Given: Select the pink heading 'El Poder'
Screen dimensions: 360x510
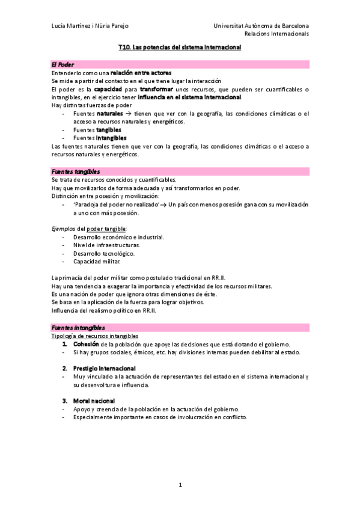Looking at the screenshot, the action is coord(63,64).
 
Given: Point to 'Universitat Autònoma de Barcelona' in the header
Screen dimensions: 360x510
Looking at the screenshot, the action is coord(261,26).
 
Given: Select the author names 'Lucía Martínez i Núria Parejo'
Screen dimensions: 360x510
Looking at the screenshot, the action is coord(90,26).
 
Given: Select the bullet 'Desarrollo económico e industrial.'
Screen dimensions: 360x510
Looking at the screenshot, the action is coord(118,237).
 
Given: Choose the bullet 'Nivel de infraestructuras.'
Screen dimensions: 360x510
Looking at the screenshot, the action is coord(106,245).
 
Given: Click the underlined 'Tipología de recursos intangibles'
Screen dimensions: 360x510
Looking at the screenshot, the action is coord(95,336).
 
